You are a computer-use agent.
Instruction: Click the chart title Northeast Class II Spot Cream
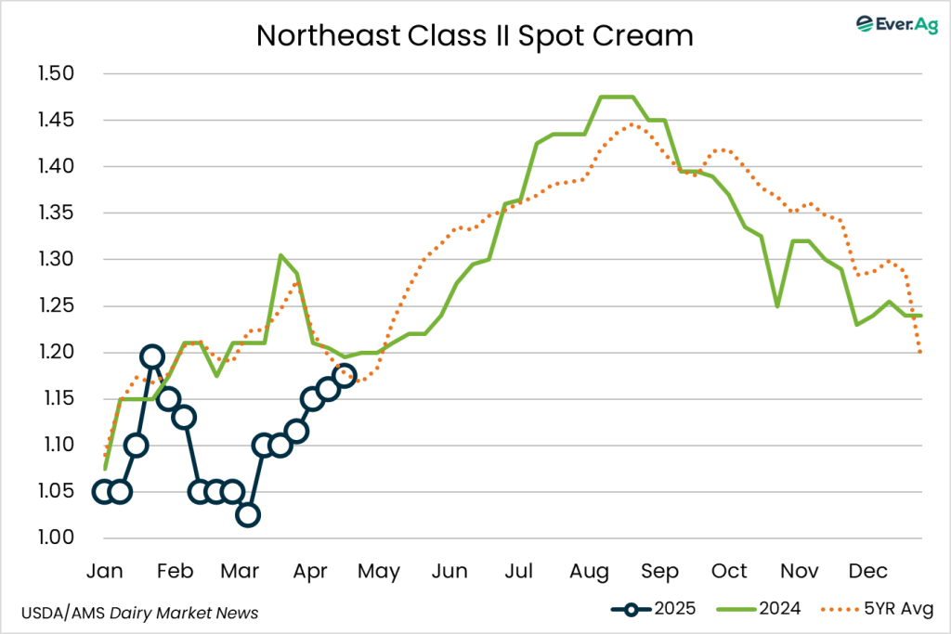(x=475, y=35)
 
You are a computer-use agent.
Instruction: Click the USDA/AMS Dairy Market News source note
(x=139, y=613)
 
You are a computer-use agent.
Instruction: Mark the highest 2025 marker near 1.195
(x=152, y=356)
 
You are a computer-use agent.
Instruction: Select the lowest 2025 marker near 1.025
(x=248, y=515)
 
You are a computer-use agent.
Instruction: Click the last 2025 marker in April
(x=345, y=375)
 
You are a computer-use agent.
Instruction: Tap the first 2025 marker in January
(x=104, y=492)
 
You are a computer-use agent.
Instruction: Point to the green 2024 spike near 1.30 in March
(x=280, y=255)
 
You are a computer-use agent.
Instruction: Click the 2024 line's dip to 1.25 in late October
(x=776, y=306)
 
